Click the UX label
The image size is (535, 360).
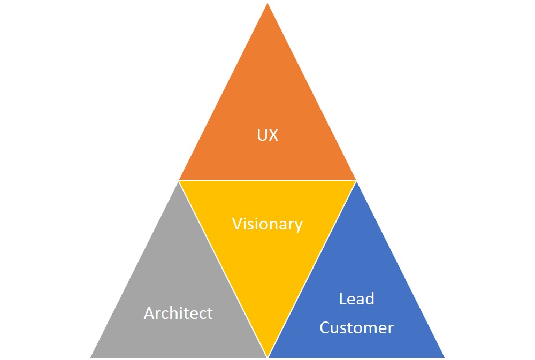coord(267,135)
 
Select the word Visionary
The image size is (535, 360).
coord(267,224)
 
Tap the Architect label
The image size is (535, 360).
coord(178,313)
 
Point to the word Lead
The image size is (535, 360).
coord(356,298)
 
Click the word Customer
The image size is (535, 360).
coord(356,327)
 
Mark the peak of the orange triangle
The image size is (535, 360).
coord(267,4)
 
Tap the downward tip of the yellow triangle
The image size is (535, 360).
coord(267,355)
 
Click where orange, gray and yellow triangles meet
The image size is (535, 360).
coord(179,180)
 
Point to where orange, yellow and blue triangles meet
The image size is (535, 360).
coord(356,180)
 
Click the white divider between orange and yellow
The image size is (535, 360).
coord(267,180)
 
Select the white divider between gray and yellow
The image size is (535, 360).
coord(223,268)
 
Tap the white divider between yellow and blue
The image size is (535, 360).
coord(312,268)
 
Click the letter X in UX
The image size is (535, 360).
coord(273,135)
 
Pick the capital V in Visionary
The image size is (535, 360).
coord(236,224)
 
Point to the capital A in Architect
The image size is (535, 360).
coord(149,313)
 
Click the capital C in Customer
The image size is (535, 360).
coord(325,327)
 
